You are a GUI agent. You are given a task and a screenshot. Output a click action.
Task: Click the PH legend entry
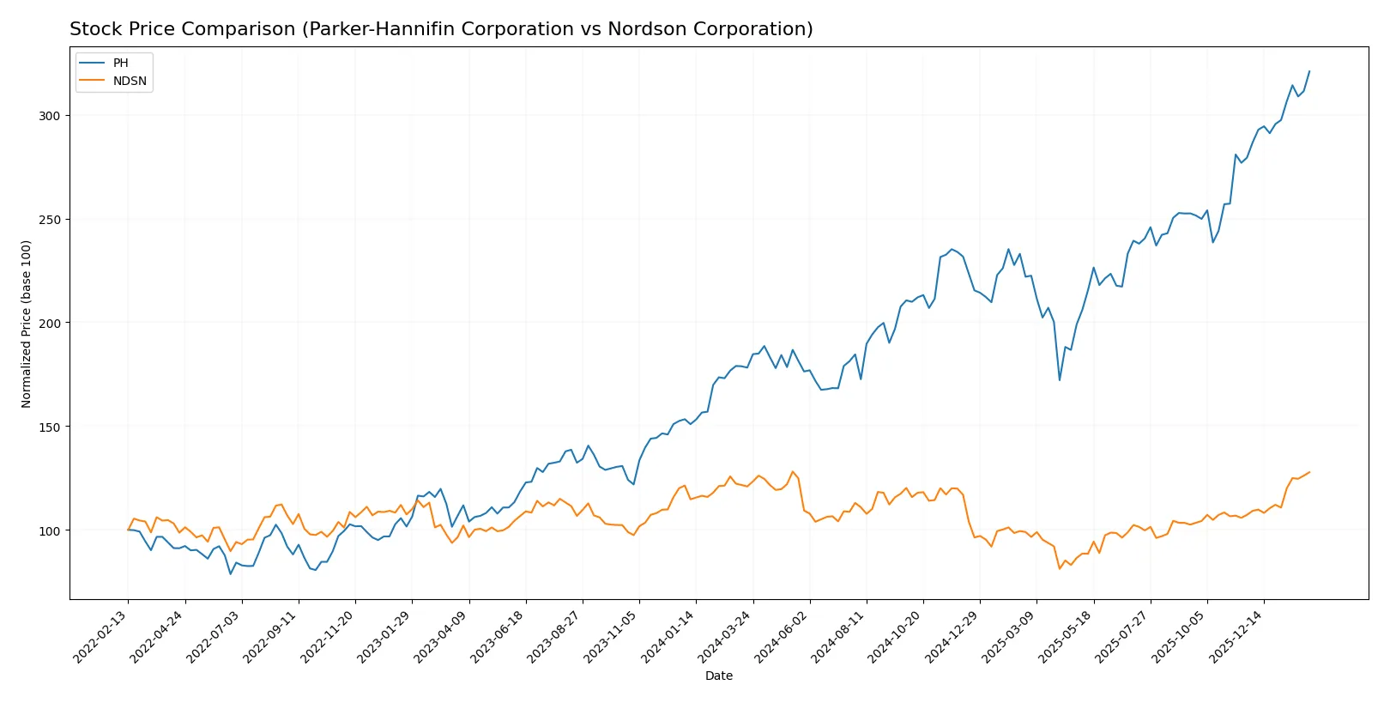(x=120, y=64)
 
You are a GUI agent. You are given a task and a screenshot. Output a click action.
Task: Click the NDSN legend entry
(x=130, y=82)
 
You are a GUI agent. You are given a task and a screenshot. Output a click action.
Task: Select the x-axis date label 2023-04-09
(x=444, y=636)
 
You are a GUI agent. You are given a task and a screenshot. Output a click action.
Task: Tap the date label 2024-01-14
(x=670, y=636)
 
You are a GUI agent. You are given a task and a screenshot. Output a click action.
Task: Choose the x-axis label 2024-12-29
(x=954, y=636)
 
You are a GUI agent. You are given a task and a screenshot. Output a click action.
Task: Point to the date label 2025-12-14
(x=1238, y=636)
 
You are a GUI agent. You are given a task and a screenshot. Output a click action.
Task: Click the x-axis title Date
(x=719, y=676)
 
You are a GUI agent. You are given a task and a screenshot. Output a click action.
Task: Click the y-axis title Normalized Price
(x=27, y=324)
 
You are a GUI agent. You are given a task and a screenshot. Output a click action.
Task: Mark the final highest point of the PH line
(x=1309, y=71)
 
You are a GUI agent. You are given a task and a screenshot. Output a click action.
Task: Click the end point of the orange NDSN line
(x=1309, y=472)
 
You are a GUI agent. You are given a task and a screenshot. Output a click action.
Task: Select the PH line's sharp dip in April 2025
(x=1060, y=380)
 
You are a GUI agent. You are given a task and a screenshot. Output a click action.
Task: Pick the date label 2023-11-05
(x=613, y=636)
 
